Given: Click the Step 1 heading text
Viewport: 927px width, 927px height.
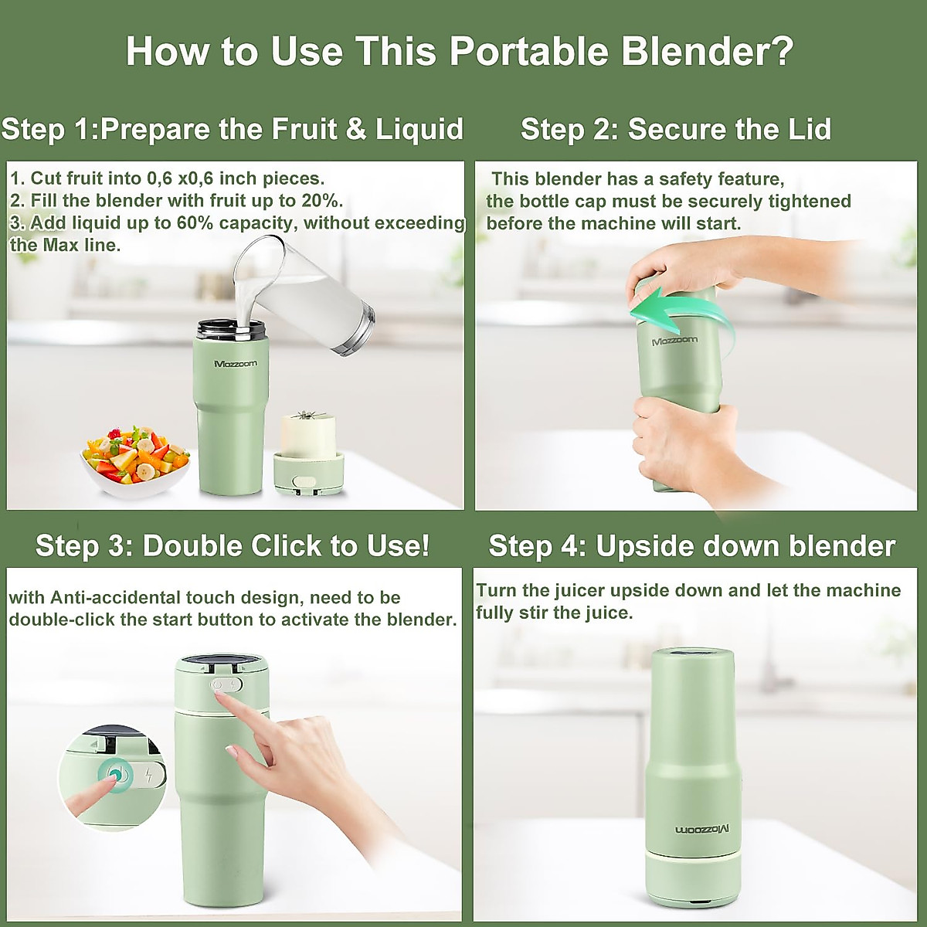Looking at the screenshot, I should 232,129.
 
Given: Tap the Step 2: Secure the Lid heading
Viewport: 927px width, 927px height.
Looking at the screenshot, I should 676,129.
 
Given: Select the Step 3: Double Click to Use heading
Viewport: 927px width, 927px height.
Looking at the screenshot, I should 233,546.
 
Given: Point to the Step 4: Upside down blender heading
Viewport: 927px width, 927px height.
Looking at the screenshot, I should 692,546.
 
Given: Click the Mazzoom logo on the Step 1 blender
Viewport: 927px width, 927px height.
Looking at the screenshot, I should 236,363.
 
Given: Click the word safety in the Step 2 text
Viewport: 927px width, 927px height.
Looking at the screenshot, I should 685,179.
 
